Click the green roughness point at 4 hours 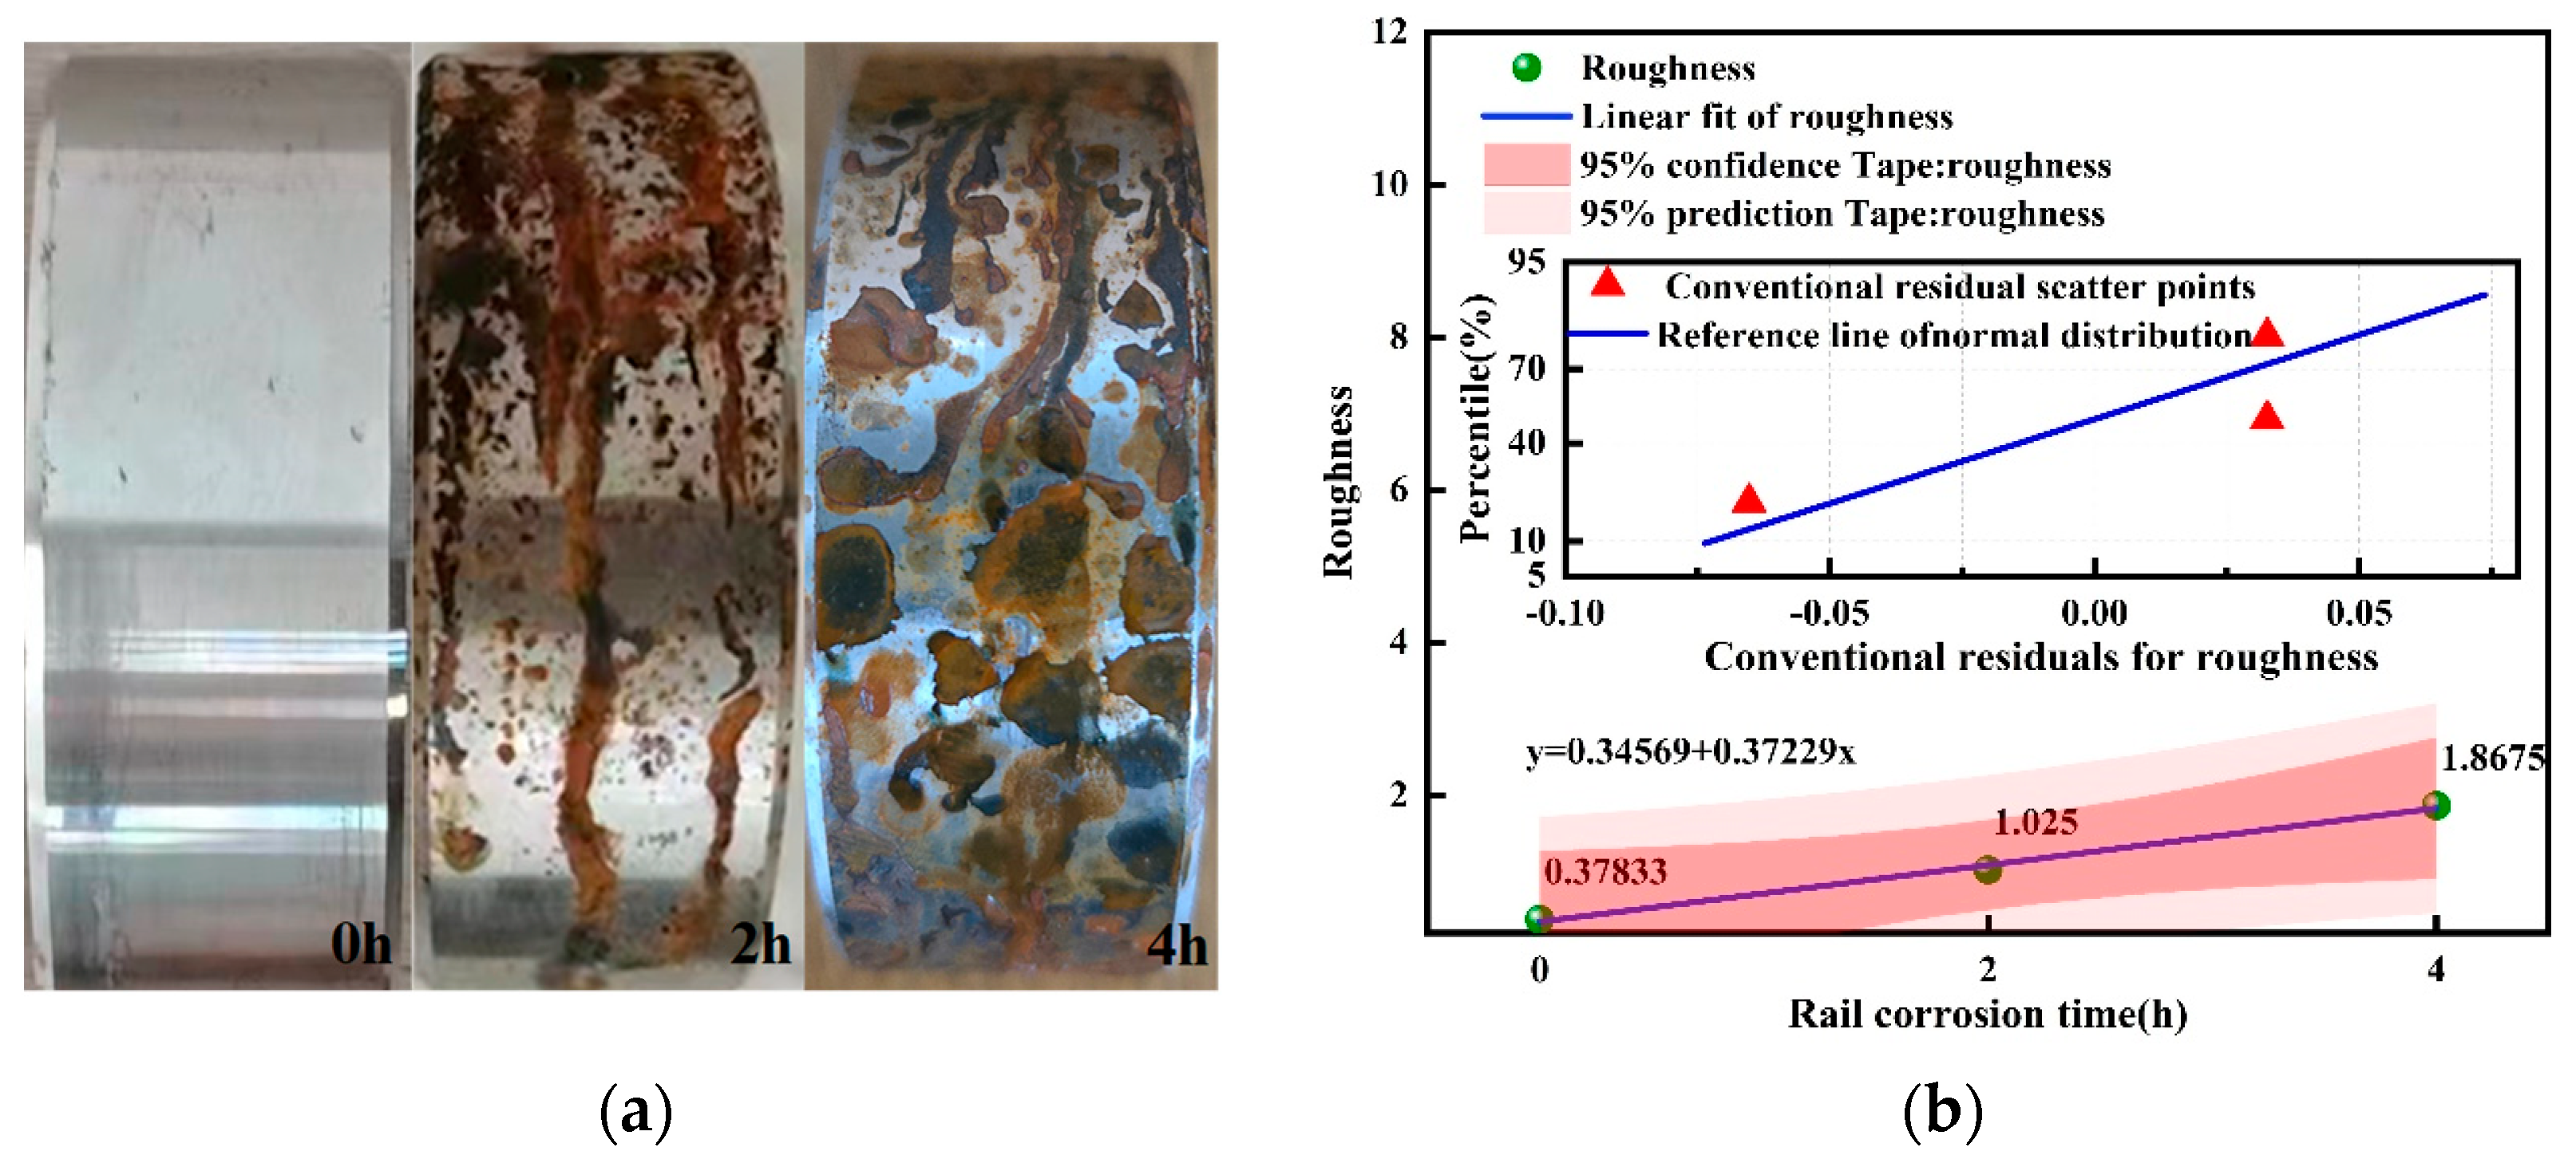tap(2435, 805)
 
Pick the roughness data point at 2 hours tap(1987, 869)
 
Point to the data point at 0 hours tap(1539, 919)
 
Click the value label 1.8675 tap(2492, 759)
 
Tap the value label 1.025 tap(2036, 822)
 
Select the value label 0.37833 tap(1605, 872)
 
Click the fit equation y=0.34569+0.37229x tap(1690, 751)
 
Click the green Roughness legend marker tap(1526, 68)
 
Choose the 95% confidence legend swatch tap(1526, 164)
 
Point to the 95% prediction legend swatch tap(1526, 213)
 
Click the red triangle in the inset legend tap(1607, 284)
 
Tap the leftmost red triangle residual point tap(1748, 499)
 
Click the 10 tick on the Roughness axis tap(1390, 184)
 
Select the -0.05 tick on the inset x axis tap(1830, 613)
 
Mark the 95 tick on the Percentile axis tap(1526, 262)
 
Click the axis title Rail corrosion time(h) tap(1988, 1015)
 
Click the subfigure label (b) tap(1942, 1111)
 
